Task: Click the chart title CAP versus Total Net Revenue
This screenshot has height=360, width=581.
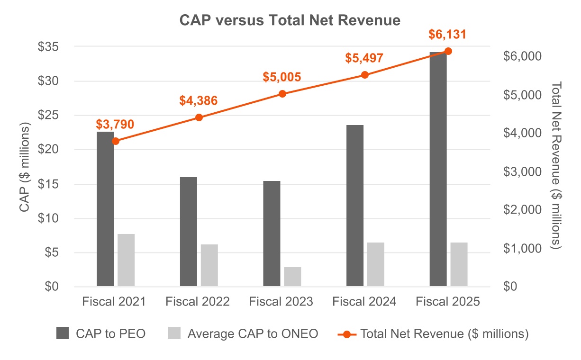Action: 290,20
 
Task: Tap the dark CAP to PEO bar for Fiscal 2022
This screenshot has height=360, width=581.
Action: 189,232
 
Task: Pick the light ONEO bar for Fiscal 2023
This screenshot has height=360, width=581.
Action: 292,277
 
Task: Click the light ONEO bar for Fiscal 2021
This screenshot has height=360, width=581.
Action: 126,260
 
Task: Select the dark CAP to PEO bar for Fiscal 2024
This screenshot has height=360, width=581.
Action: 355,206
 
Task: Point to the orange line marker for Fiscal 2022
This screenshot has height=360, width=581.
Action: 199,117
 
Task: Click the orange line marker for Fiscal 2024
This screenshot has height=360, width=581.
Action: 365,75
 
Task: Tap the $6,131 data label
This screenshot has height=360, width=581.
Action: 448,35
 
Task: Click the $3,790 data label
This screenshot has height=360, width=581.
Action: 115,125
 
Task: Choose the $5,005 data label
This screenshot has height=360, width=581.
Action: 282,77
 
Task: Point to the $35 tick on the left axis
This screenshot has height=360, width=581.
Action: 49,46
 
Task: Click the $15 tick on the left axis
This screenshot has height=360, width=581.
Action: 49,184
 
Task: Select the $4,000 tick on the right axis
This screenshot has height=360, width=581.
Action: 522,133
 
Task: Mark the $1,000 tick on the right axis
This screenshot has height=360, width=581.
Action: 522,249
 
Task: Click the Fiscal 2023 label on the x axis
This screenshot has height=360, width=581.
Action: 281,302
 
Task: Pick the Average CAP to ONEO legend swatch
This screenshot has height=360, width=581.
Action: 174,333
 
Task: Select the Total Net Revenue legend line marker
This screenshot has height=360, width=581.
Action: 347,333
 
